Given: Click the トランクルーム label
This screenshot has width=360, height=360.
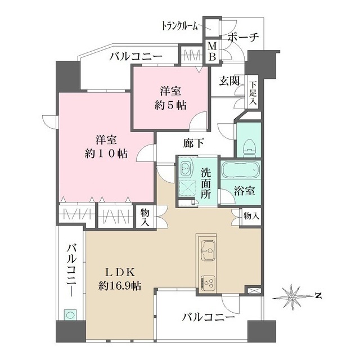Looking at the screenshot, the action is [x=180, y=26].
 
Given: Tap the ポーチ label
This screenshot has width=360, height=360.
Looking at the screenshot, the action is [x=243, y=37].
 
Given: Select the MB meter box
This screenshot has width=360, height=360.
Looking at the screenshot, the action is [x=212, y=52].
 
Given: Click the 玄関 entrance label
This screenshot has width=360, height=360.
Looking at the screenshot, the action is [x=229, y=81].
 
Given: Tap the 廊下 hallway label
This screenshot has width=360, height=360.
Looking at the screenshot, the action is [x=193, y=143].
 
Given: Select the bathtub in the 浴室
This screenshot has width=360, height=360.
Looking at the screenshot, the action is [x=240, y=170].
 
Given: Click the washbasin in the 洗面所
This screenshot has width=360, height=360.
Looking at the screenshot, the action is [x=186, y=169].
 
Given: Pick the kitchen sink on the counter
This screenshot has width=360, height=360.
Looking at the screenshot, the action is [x=208, y=250].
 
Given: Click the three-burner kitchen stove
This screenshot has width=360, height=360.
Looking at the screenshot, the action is [x=208, y=282].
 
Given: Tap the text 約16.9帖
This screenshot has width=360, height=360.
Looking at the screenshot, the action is [x=120, y=286].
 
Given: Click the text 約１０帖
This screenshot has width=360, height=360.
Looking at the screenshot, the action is [x=106, y=154].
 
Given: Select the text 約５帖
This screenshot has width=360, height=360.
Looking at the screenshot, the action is [x=170, y=105].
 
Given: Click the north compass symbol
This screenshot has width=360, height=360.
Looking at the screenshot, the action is [x=292, y=296].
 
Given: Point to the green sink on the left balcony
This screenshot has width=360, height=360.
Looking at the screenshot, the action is [x=70, y=315].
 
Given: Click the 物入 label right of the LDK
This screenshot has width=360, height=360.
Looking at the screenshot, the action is [x=252, y=216].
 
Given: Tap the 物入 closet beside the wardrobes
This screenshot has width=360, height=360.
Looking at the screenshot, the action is [x=145, y=217].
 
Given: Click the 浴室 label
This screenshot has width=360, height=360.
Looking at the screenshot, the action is [x=245, y=191].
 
